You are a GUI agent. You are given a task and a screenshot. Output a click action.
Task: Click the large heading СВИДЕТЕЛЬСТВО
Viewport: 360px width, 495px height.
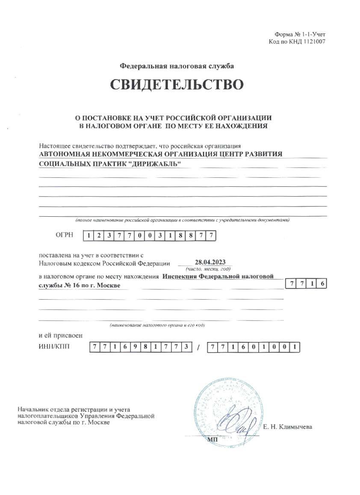[x=177, y=84]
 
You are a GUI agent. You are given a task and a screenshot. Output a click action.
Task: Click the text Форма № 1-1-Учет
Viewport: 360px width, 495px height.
[x=301, y=35]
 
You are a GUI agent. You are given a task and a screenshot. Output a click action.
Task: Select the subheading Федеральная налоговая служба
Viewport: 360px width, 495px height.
[x=177, y=66]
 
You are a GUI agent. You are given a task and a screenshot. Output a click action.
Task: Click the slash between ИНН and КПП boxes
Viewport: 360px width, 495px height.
[x=198, y=348]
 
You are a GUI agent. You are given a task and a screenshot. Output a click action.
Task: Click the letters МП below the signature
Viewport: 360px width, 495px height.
[x=212, y=439]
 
